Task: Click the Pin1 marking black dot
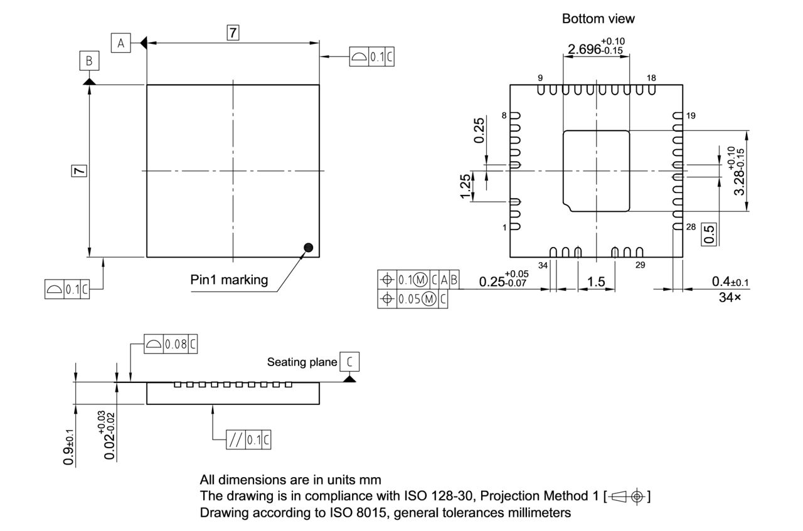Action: tap(308, 248)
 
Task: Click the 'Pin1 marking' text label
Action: tap(229, 280)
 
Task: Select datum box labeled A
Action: tap(121, 43)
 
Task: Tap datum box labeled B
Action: tap(89, 61)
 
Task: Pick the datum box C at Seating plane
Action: tap(349, 362)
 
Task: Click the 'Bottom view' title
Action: tap(598, 19)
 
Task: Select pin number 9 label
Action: tap(540, 78)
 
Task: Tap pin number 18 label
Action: tap(651, 78)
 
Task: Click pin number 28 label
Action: tap(691, 227)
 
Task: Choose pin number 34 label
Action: tap(543, 265)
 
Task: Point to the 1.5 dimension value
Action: tap(596, 281)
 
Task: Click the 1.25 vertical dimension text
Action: tap(465, 187)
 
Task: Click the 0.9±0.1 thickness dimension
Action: tap(68, 446)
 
